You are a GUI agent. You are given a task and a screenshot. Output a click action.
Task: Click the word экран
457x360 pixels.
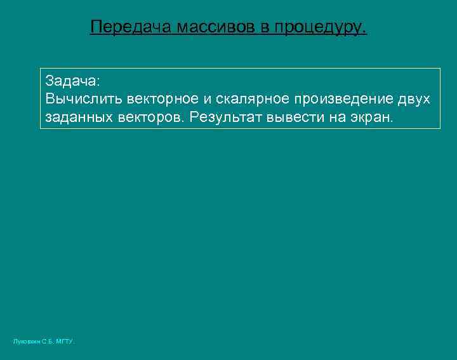(x=372, y=117)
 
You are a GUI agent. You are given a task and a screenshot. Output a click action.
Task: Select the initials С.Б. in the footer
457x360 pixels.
(x=48, y=342)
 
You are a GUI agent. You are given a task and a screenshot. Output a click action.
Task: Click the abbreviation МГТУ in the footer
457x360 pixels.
(x=65, y=342)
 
